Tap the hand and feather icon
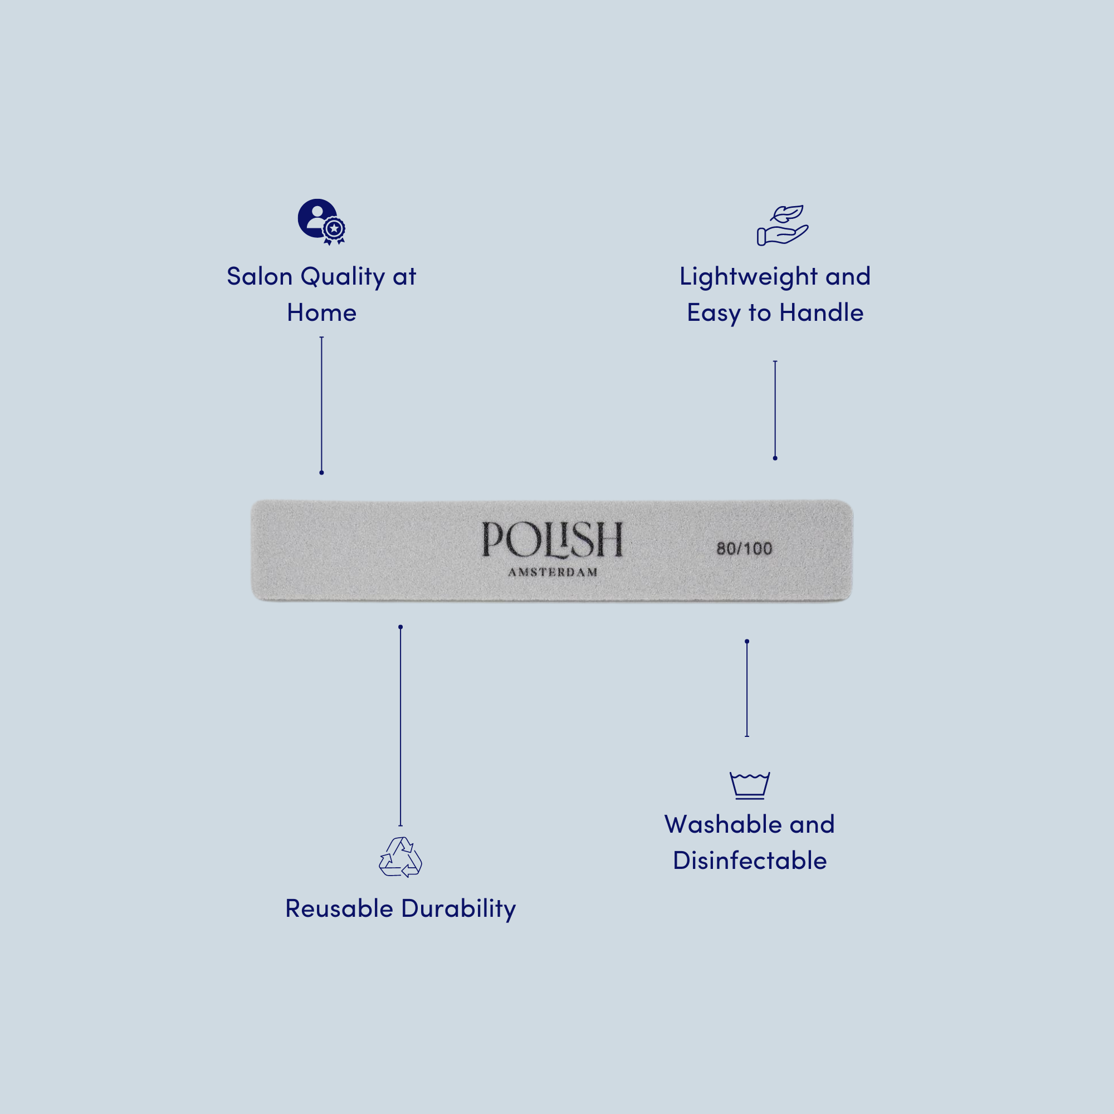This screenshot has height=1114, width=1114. pos(783,225)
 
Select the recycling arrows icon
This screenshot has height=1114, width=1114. pos(400,857)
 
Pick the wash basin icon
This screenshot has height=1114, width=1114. pos(750,785)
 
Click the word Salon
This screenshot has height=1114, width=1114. pos(260,277)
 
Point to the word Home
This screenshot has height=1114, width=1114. pos(322,313)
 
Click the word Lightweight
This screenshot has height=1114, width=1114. pos(749,277)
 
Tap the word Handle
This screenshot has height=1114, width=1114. pos(821,313)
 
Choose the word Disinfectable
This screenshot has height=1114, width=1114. pos(750,861)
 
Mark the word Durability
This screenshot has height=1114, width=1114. pos(458,910)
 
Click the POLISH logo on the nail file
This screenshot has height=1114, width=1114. pos(552,540)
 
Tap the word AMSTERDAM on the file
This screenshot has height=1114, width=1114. pos(553,573)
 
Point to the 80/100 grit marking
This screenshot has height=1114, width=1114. pos(744,548)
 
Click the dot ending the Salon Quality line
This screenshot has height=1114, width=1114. pos(322,473)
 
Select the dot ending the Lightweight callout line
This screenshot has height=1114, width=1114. pos(775,458)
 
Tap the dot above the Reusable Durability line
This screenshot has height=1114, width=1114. pos(400,627)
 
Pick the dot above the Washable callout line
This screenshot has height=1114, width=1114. pos(747,641)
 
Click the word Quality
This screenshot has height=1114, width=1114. pos(343,277)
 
